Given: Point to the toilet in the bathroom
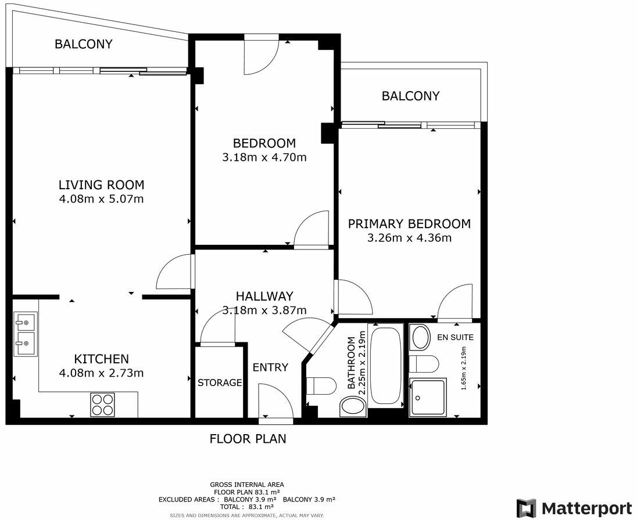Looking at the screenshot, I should click(321, 386).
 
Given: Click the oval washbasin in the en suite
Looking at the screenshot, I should click(420, 337).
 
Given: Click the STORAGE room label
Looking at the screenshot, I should click(220, 383).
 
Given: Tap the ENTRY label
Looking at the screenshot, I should click(270, 367).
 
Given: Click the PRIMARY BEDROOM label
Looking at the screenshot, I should click(409, 224).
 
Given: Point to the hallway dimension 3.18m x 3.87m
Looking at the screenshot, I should click(264, 310).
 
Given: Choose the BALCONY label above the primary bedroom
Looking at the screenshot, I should click(410, 96).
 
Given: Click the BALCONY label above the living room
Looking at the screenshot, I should click(84, 44).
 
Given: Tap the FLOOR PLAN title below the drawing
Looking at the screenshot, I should click(248, 439).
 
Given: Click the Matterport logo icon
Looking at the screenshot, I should click(527, 507).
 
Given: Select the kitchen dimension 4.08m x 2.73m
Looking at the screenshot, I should click(101, 373).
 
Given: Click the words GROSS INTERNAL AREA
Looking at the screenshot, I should click(247, 485).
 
